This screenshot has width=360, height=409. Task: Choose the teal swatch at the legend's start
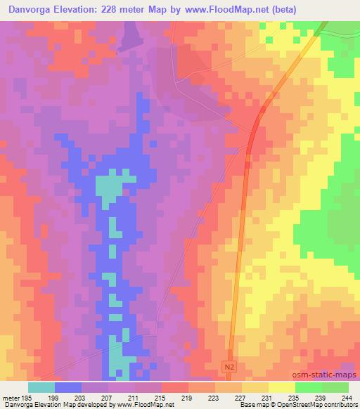click(x=41, y=387)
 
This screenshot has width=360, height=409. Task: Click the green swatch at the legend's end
click(x=335, y=387)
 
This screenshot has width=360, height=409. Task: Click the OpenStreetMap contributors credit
click(x=323, y=405)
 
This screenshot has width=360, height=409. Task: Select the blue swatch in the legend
click(x=68, y=387)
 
